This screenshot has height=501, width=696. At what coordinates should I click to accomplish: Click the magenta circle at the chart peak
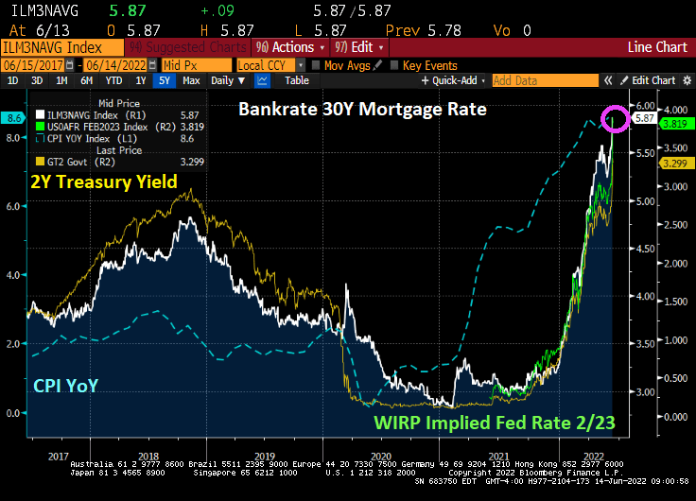click(x=617, y=119)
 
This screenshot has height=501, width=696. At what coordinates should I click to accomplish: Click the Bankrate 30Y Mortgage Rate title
click(x=362, y=110)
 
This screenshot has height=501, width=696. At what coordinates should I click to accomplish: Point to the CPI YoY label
click(x=67, y=385)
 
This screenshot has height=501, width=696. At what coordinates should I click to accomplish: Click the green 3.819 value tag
click(x=673, y=123)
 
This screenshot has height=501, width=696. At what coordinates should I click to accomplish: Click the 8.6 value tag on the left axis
click(x=14, y=118)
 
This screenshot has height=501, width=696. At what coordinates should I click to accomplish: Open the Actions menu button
click(x=290, y=46)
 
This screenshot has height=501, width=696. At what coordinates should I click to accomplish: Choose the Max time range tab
click(x=191, y=80)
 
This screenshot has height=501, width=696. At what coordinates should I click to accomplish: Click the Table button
click(x=297, y=80)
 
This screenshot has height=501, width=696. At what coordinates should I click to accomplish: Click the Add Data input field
click(x=546, y=81)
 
